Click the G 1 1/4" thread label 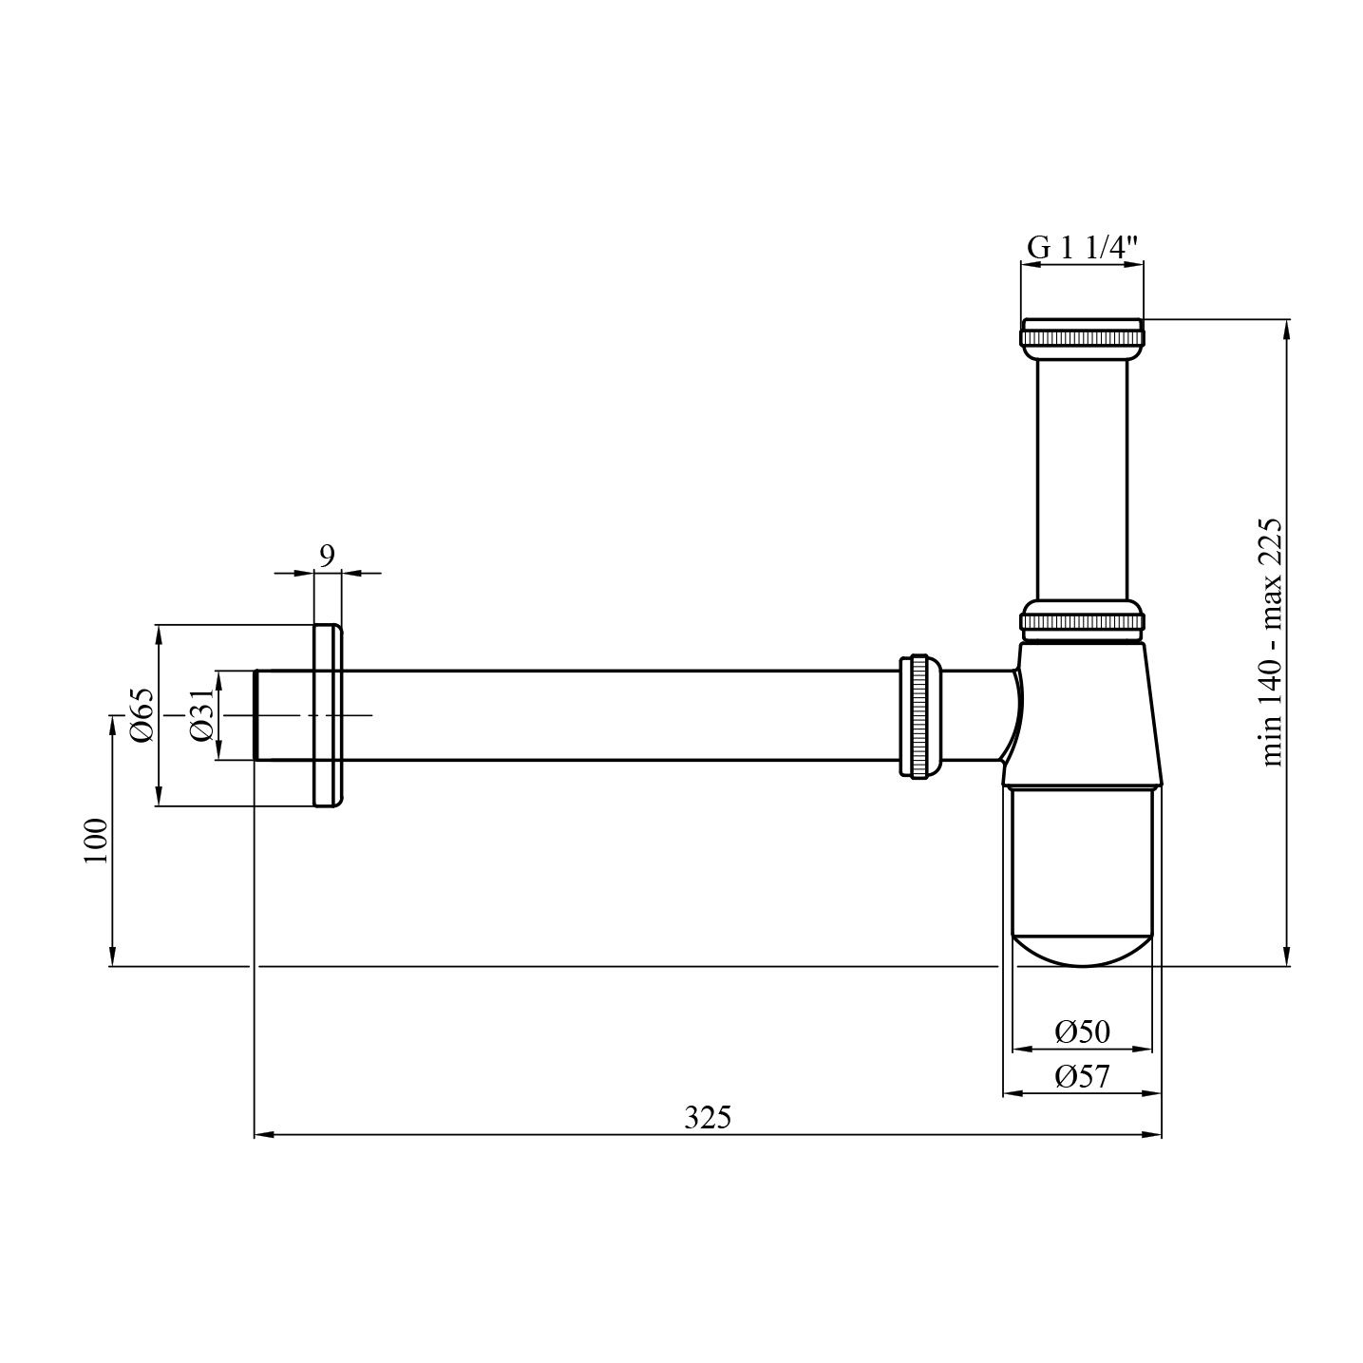click(1082, 248)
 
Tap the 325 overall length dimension click(708, 1118)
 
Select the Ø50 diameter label click(1082, 1032)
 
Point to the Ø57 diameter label click(1082, 1077)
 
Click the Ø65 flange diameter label click(142, 715)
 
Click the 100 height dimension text click(96, 841)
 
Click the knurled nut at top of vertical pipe click(1082, 336)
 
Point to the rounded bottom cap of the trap click(1082, 950)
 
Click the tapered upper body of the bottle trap click(1082, 712)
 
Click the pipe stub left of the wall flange click(283, 715)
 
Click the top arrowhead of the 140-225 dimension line click(1287, 329)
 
